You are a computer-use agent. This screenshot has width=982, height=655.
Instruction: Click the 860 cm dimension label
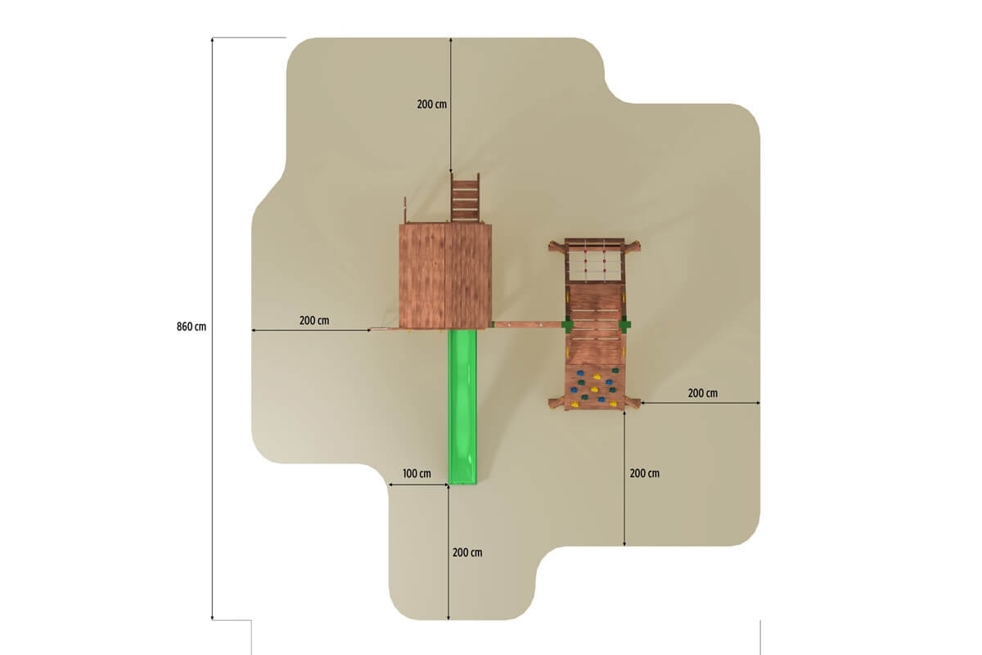[x=191, y=327]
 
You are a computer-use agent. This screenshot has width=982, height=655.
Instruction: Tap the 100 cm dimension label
[x=417, y=474]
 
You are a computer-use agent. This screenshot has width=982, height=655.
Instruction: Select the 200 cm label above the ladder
[x=432, y=105]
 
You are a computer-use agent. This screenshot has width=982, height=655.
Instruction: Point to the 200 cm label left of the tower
[x=314, y=321]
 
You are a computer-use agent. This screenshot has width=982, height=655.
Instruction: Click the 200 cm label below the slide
[x=467, y=553]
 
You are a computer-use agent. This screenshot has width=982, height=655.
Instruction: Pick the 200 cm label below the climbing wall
[x=645, y=473]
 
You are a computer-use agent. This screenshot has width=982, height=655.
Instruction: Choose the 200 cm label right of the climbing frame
[x=703, y=393]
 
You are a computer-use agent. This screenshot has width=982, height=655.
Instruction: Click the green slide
[x=462, y=407]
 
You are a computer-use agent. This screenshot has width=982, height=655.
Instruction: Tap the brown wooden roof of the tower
[x=445, y=276]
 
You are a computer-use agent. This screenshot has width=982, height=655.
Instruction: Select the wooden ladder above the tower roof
[x=465, y=198]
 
